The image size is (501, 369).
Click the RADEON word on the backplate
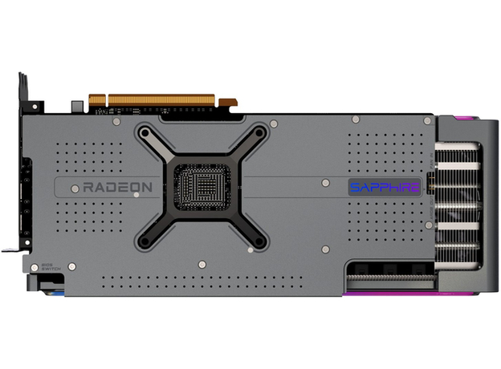coord(117,187)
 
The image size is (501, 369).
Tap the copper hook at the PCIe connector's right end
coord(228,103)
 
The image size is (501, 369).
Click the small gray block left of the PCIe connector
coord(75,105)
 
